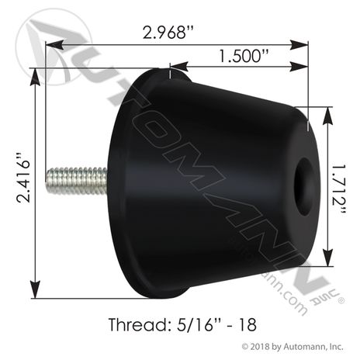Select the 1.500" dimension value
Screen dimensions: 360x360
tap(244, 57)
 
